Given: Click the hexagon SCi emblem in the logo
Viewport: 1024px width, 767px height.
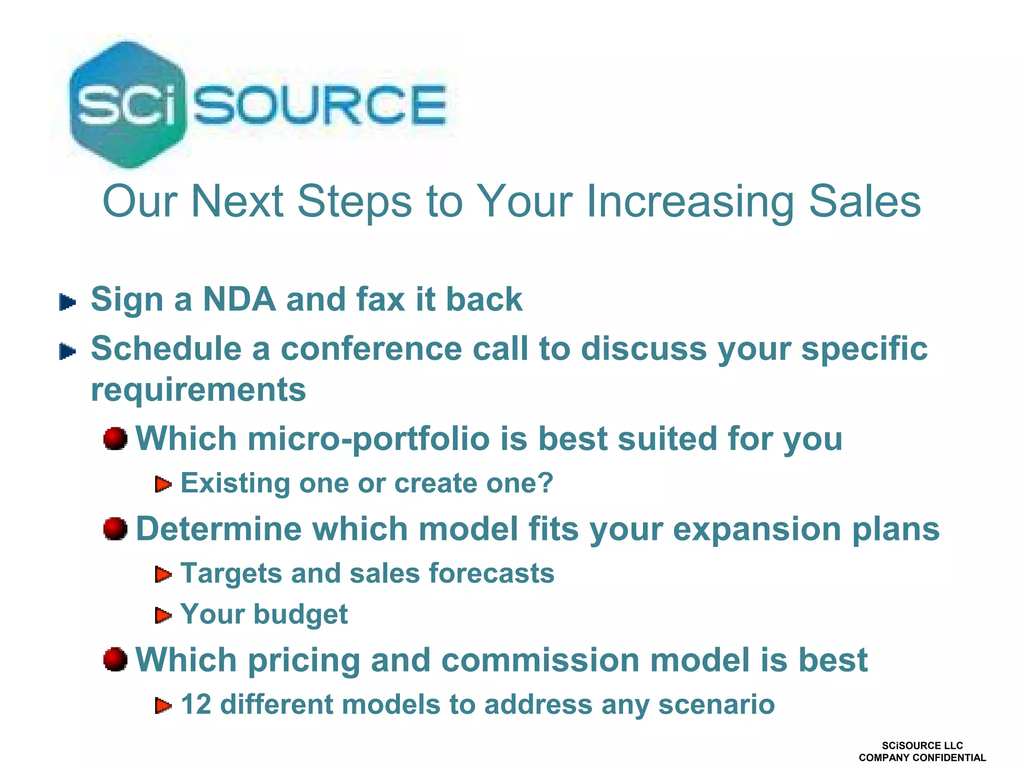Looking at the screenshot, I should pyautogui.click(x=127, y=104).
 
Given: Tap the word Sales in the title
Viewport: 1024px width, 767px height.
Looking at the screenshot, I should pyautogui.click(x=864, y=201).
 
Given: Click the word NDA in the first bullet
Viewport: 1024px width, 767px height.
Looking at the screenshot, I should pyautogui.click(x=239, y=299).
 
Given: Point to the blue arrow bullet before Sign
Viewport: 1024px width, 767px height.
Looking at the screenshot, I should pyautogui.click(x=67, y=302).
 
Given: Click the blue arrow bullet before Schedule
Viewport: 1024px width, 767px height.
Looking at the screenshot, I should pyautogui.click(x=67, y=351).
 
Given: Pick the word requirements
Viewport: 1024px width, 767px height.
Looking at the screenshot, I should pyautogui.click(x=198, y=390).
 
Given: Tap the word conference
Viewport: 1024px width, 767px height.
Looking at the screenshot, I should pyautogui.click(x=371, y=348).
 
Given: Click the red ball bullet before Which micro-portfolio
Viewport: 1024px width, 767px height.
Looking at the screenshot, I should pyautogui.click(x=115, y=438).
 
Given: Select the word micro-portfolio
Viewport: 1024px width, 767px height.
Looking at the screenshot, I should pyautogui.click(x=368, y=439).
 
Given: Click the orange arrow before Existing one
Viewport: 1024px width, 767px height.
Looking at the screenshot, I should pyautogui.click(x=163, y=484).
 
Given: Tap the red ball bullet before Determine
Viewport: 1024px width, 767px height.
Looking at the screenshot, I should pyautogui.click(x=115, y=528).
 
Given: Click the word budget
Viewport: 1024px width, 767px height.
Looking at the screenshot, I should pyautogui.click(x=300, y=614).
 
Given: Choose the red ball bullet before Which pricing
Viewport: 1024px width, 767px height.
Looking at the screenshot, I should pyautogui.click(x=115, y=659).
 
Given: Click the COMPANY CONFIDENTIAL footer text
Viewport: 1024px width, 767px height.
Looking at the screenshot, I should pyautogui.click(x=922, y=757).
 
